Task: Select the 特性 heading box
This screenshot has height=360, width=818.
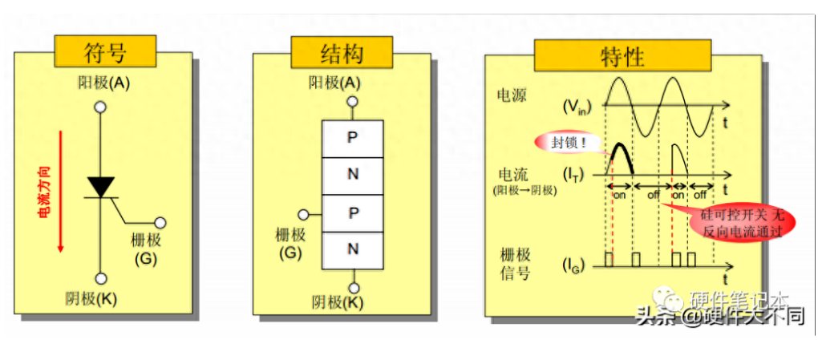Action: [622, 57]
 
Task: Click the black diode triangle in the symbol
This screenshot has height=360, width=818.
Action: [101, 187]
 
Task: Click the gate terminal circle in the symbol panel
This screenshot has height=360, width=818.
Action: [160, 223]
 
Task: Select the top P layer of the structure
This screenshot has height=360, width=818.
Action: [352, 138]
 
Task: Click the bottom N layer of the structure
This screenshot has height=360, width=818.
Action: [352, 249]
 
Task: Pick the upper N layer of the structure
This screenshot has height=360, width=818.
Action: [352, 175]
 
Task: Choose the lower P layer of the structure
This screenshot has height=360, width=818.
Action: [352, 212]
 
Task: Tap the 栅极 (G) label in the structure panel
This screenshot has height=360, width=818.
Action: [290, 243]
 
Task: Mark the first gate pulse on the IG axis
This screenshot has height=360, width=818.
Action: [609, 259]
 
